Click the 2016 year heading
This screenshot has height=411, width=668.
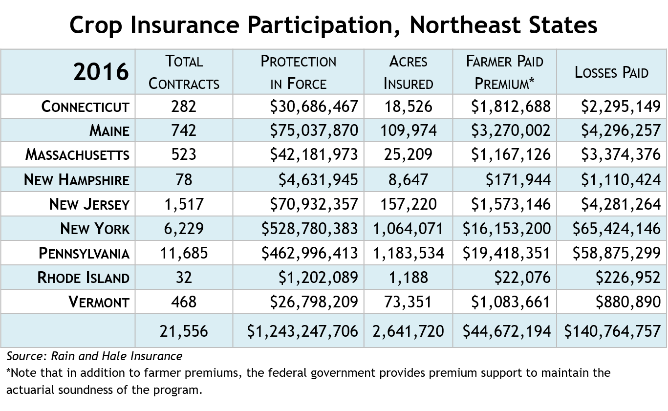coord(101,72)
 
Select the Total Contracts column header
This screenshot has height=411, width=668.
coord(184,72)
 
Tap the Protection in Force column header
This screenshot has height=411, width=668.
coord(298,72)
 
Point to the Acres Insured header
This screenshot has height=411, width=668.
coord(408,72)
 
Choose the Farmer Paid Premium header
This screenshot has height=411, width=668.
coord(504,72)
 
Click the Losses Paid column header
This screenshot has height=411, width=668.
coord(611,72)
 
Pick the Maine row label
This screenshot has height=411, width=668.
coord(109,130)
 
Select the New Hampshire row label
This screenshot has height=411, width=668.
coord(77,180)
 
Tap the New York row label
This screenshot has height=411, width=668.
coord(95,229)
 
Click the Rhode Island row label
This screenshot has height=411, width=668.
coord(84,278)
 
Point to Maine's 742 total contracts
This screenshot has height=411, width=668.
coord(184,130)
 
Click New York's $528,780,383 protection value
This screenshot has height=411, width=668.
coord(310,229)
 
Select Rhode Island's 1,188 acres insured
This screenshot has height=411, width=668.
coord(408,278)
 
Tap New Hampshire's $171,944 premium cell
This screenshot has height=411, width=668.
coord(518,180)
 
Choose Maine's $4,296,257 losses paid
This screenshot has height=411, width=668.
coord(621,130)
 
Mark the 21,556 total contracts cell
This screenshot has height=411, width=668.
coord(184,331)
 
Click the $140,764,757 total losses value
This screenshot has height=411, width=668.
coord(612,331)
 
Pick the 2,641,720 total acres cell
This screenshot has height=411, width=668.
coord(408,331)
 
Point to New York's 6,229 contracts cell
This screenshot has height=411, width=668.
coord(184,229)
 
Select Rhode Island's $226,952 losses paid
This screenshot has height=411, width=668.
coord(628,278)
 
